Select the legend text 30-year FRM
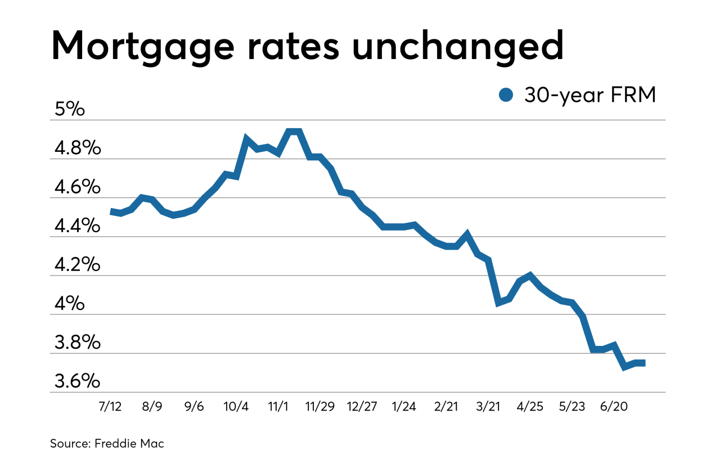click(x=590, y=95)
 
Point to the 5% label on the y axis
click(x=69, y=109)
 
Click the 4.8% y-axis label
click(x=78, y=148)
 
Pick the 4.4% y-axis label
click(x=78, y=226)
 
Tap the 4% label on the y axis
click(x=69, y=304)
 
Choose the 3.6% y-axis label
click(x=78, y=381)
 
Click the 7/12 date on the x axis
click(x=110, y=407)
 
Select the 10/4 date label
click(x=236, y=407)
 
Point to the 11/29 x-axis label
click(x=319, y=407)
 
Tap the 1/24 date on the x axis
click(x=404, y=407)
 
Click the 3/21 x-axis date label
click(x=488, y=407)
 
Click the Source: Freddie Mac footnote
click(x=107, y=444)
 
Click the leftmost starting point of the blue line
click(x=111, y=211)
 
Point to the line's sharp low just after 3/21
click(x=498, y=303)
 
